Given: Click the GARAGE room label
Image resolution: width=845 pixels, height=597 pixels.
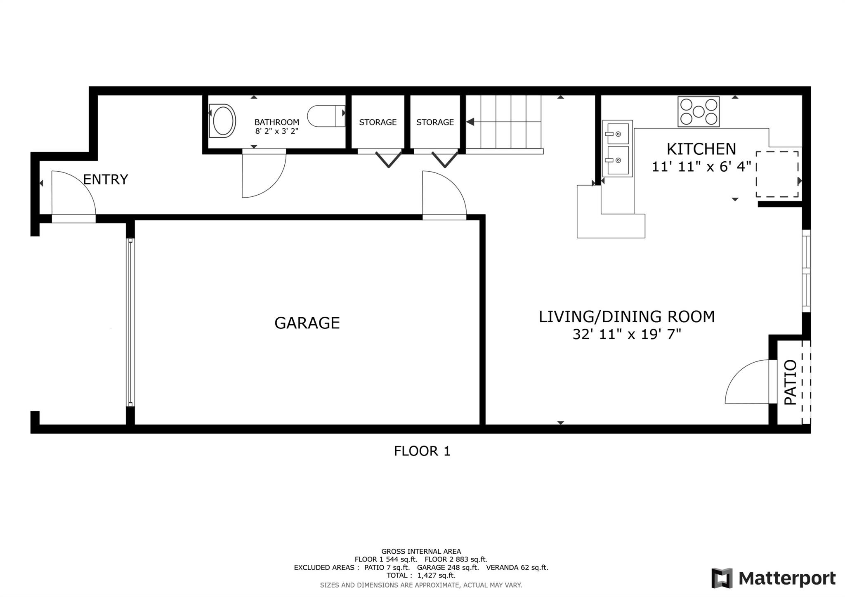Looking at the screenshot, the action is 307,323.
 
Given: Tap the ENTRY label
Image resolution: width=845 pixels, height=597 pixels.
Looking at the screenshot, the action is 106,179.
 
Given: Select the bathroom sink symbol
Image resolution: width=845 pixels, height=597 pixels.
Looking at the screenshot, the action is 222,120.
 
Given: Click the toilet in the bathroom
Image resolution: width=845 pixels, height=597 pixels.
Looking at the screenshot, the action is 326,116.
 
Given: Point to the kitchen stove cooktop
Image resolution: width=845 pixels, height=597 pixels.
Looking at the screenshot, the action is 699,111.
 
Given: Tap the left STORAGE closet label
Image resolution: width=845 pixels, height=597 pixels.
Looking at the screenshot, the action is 378,122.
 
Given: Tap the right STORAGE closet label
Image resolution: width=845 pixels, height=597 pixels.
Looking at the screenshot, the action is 435,122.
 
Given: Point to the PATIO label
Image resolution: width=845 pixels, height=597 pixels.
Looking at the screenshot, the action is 790,382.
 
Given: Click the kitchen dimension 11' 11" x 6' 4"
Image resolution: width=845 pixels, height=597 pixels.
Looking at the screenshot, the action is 701,167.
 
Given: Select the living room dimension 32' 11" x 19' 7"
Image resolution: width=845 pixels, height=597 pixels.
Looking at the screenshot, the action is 627,334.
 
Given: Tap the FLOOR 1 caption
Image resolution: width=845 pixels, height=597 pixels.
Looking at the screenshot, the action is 422,451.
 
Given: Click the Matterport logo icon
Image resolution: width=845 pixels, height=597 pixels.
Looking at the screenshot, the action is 722,578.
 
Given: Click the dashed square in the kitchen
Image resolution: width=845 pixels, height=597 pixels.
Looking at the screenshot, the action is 777,175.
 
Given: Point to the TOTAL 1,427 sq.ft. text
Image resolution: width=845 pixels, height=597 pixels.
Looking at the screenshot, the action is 421,576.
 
